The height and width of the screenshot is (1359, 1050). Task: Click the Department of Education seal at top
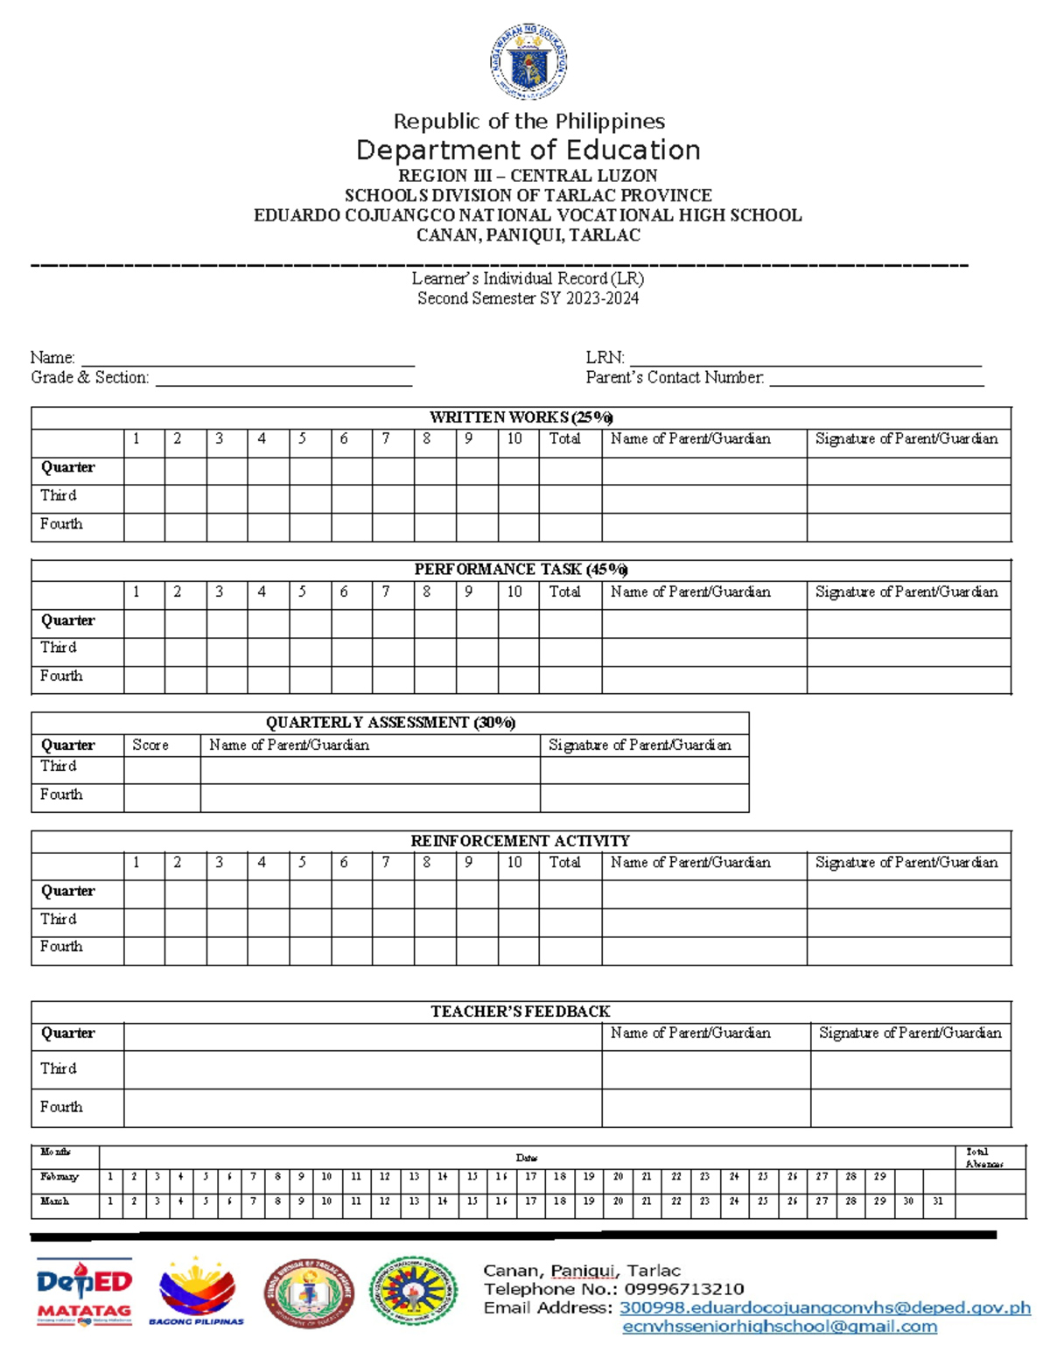pyautogui.click(x=528, y=62)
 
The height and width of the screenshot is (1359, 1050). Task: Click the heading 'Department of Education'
pyautogui.click(x=528, y=150)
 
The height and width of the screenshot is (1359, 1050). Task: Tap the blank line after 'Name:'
pyautogui.click(x=248, y=359)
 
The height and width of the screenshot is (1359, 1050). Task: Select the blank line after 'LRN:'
pyautogui.click(x=805, y=359)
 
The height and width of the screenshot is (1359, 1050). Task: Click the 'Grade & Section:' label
pyautogui.click(x=89, y=378)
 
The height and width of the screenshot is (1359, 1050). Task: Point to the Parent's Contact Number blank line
pyautogui.click(x=877, y=378)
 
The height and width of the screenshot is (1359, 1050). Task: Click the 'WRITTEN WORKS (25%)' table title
pyautogui.click(x=521, y=417)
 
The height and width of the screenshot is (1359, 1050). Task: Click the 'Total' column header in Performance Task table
pyautogui.click(x=564, y=592)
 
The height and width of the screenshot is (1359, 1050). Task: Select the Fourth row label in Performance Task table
pyautogui.click(x=61, y=676)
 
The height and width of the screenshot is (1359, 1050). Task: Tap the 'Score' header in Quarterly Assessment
pyautogui.click(x=150, y=746)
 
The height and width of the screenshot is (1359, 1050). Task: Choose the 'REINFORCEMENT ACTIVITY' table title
pyautogui.click(x=521, y=841)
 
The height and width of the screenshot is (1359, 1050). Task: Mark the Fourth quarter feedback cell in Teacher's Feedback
pyautogui.click(x=362, y=1108)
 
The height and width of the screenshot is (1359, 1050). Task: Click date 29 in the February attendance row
pyautogui.click(x=879, y=1177)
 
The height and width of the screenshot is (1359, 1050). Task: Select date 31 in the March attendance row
pyautogui.click(x=937, y=1201)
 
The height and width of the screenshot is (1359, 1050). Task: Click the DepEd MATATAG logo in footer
pyautogui.click(x=84, y=1292)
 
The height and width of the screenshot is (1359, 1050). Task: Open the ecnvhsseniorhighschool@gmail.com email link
pyautogui.click(x=779, y=1327)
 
